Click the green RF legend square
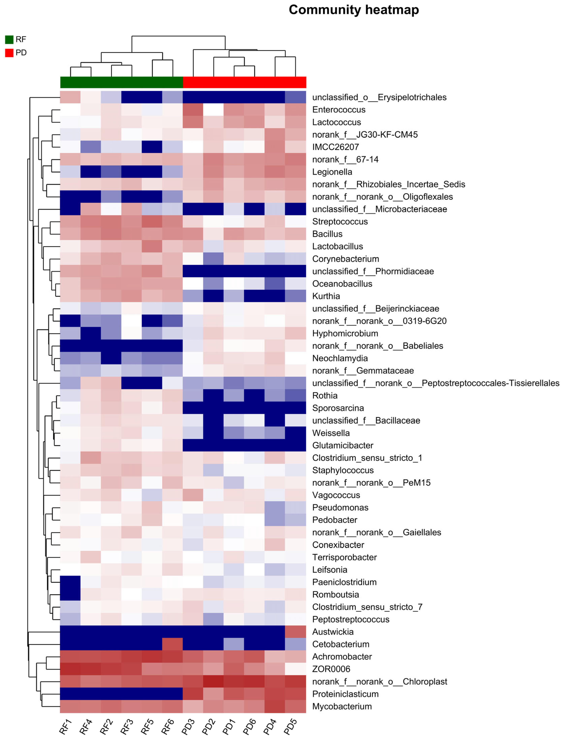9,40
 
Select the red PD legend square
9,53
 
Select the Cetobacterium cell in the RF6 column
173,644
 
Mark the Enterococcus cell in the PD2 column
213,110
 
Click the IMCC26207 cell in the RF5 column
152,147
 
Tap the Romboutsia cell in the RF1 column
70,595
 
